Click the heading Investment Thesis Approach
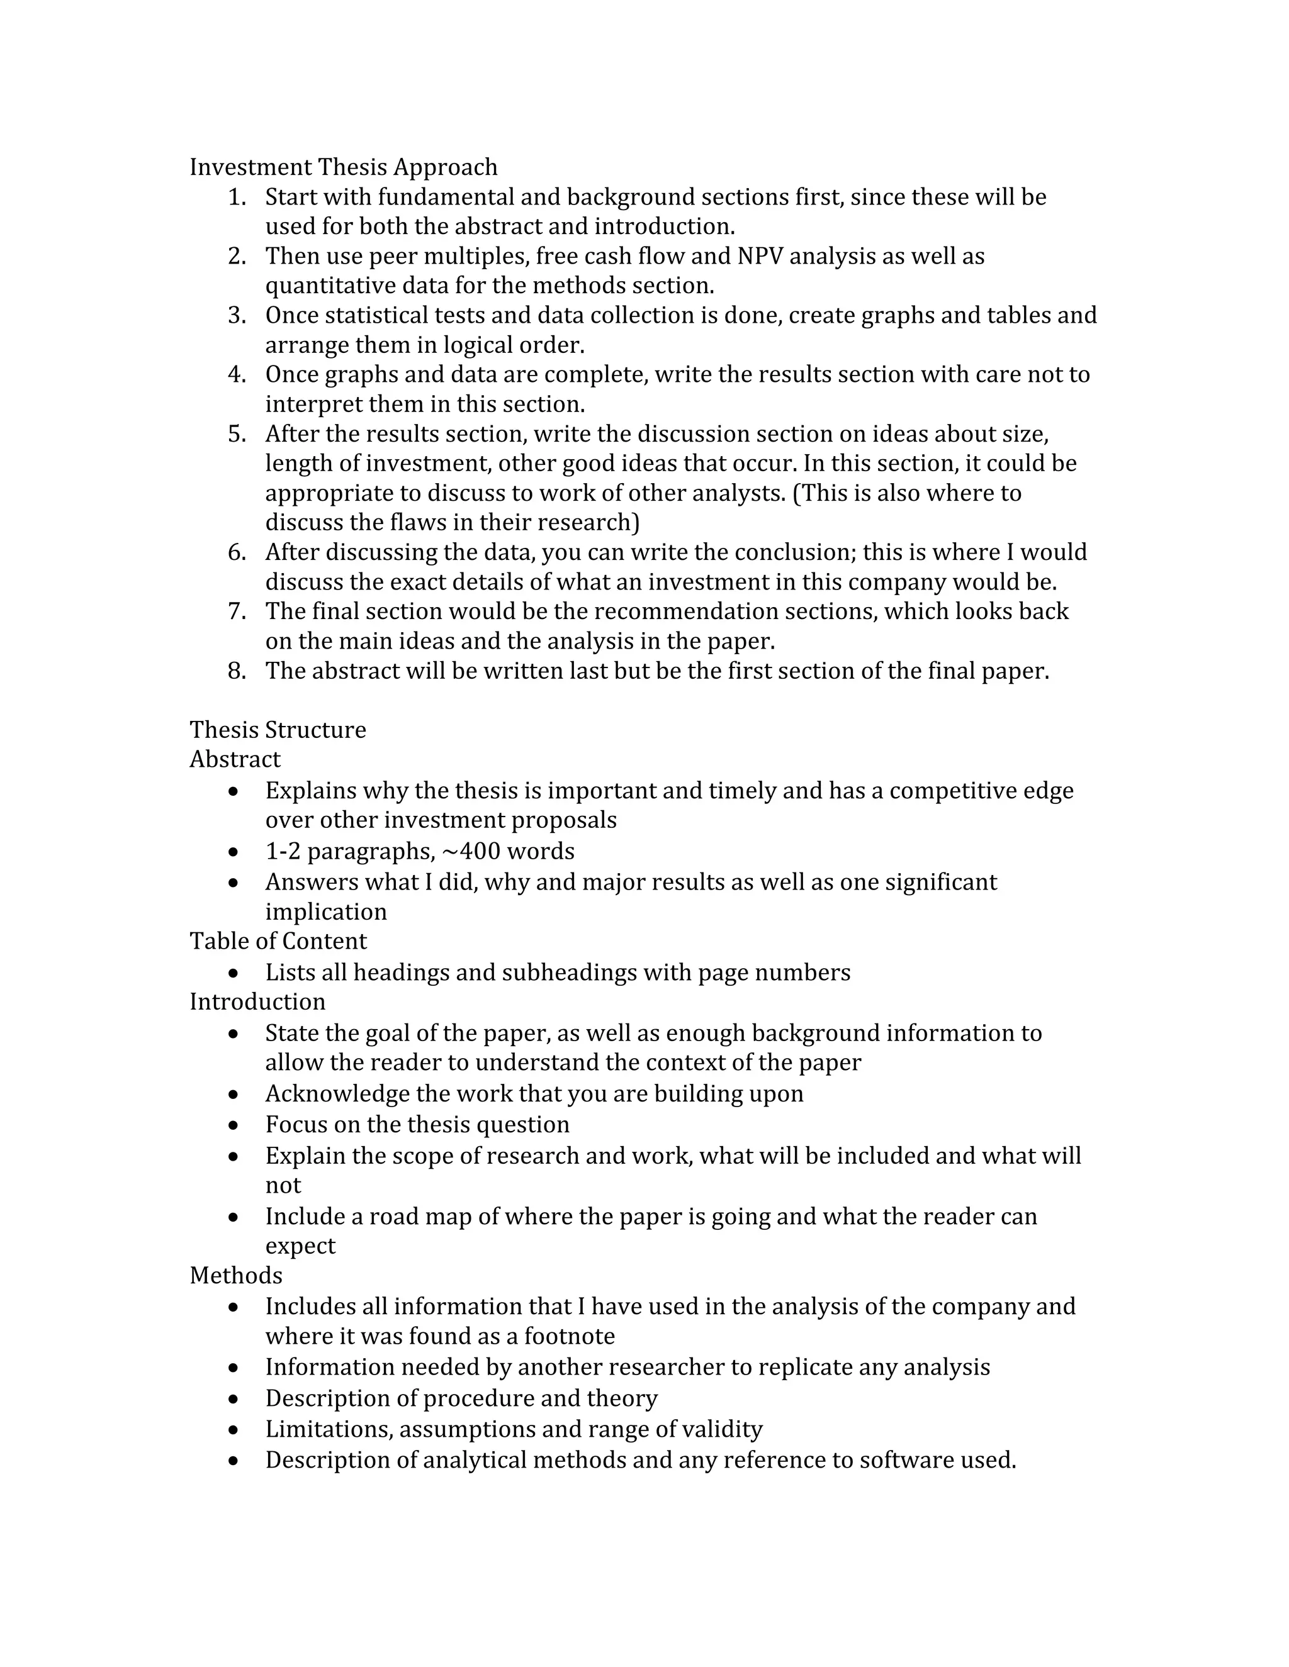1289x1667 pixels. click(x=343, y=167)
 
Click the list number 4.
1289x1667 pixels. click(x=236, y=374)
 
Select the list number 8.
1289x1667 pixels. click(x=236, y=671)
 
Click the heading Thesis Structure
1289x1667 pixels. click(x=278, y=730)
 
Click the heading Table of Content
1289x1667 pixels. click(x=278, y=941)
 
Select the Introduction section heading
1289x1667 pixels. click(x=257, y=1001)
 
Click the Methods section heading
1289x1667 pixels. click(x=236, y=1276)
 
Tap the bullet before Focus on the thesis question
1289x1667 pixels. click(x=234, y=1126)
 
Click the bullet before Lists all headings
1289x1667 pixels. click(x=234, y=973)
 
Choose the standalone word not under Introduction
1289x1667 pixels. click(x=283, y=1185)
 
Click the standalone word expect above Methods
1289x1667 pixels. click(x=300, y=1246)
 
